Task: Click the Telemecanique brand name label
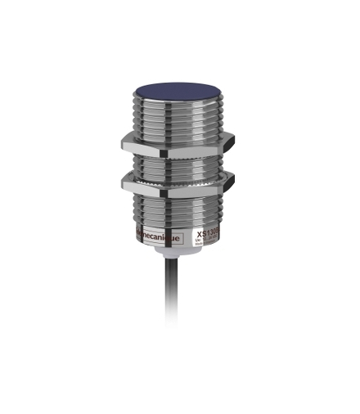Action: click(154, 234)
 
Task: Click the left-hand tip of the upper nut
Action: click(121, 140)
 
